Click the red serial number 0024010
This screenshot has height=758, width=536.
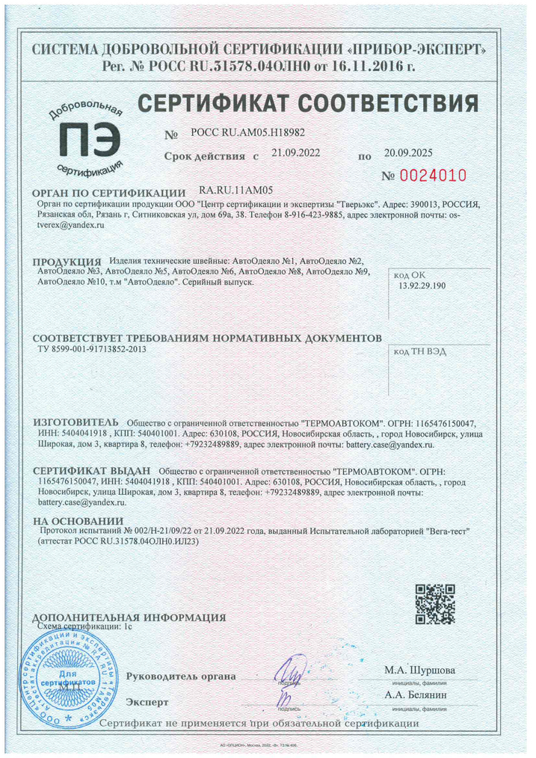coord(433,176)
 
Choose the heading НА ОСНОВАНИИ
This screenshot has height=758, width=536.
coord(78,520)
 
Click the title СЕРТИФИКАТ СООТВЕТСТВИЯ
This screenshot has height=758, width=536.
coord(307,102)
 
